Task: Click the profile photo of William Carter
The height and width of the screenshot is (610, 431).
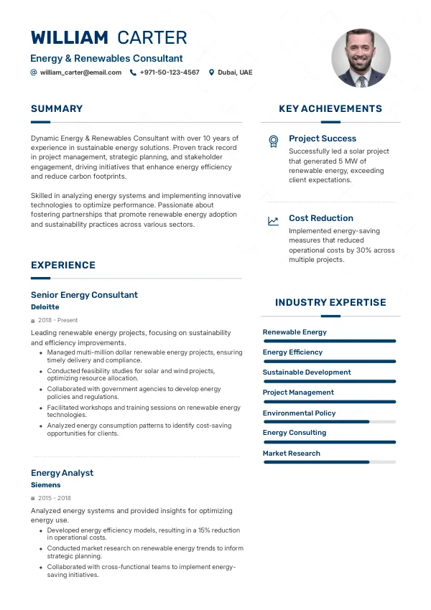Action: click(361, 58)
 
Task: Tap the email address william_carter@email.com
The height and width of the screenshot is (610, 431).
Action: click(80, 72)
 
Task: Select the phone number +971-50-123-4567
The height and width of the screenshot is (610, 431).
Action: click(170, 72)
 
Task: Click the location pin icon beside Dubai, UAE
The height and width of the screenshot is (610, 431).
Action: click(211, 72)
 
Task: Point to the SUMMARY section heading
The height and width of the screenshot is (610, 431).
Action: click(57, 109)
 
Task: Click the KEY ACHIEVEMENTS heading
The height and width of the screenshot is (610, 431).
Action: click(330, 109)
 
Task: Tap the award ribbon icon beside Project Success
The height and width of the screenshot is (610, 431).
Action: click(273, 141)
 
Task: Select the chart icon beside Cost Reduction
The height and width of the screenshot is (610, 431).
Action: click(273, 221)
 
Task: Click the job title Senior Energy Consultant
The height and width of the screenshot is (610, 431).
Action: click(84, 295)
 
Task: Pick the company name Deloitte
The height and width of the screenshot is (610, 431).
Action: click(45, 307)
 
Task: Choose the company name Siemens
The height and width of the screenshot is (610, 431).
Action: click(46, 485)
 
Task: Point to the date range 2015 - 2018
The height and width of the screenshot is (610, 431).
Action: click(55, 498)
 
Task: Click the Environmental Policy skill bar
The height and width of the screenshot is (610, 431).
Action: click(330, 422)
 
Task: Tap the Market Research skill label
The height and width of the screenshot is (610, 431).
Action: click(292, 454)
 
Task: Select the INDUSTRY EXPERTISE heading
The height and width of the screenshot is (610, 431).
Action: click(330, 303)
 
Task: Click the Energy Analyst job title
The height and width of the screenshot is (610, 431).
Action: click(62, 473)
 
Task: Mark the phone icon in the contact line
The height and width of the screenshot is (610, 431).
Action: click(133, 72)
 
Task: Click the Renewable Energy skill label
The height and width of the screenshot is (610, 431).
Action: click(295, 332)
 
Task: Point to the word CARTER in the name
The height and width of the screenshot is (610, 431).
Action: click(152, 38)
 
